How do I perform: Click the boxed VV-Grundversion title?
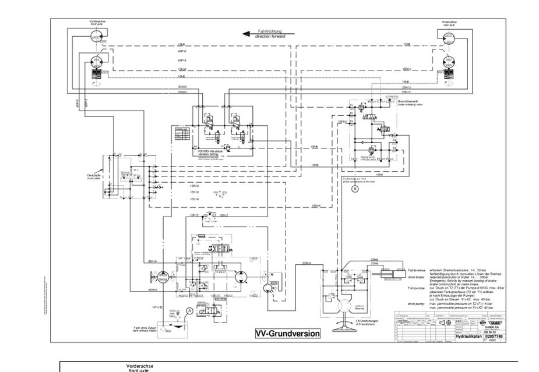[288, 334]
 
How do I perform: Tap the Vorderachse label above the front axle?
[97, 22]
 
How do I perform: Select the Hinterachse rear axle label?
[449, 22]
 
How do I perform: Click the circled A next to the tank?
[189, 311]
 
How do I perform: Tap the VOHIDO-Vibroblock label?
[212, 151]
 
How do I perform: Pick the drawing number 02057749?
[493, 336]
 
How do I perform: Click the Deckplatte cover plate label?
[95, 173]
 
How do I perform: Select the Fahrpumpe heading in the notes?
[417, 287]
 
